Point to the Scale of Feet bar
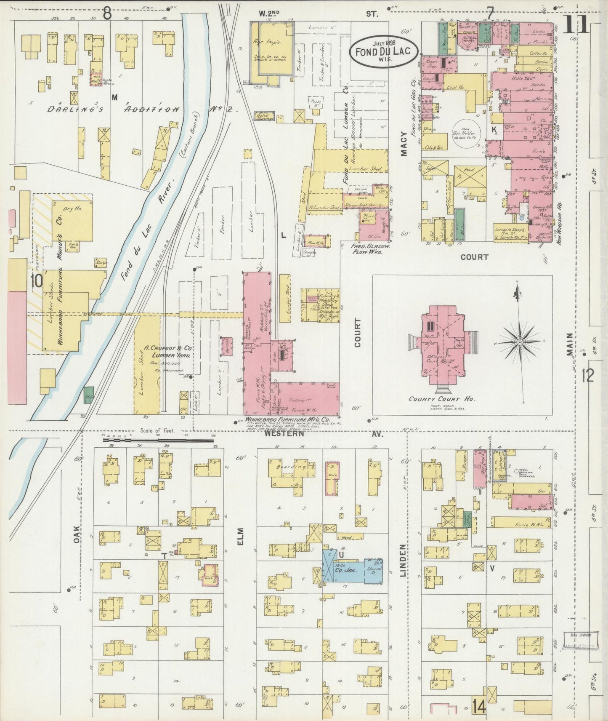tap(158, 441)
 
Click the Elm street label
tap(240, 538)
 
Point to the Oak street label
tap(77, 534)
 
